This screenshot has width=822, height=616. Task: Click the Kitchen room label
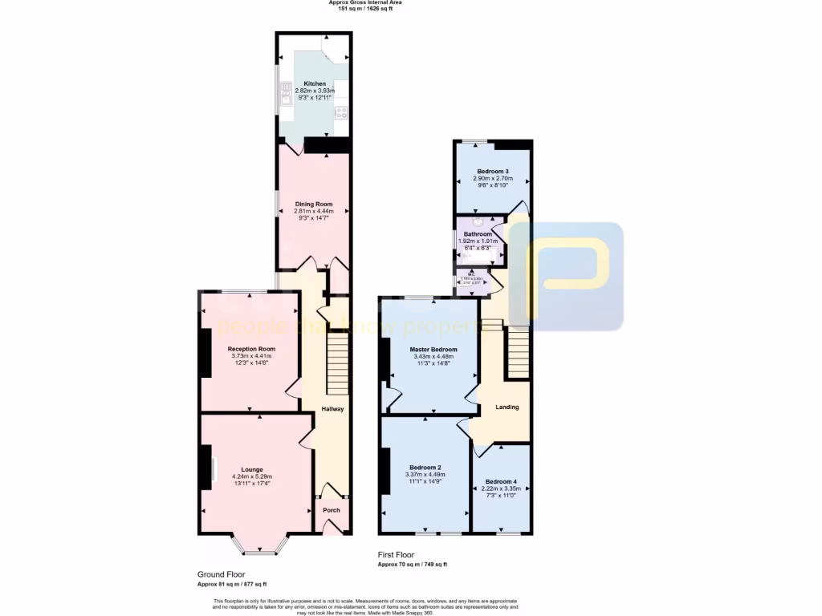tap(314, 83)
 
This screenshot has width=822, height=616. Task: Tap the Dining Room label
tap(313, 204)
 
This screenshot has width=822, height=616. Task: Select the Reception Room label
tap(251, 349)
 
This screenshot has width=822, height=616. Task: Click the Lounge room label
tap(251, 470)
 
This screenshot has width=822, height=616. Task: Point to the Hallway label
tap(332, 409)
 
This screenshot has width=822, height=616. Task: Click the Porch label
tap(331, 510)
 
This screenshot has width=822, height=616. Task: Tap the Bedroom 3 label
tap(492, 172)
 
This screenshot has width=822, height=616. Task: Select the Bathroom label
tap(478, 234)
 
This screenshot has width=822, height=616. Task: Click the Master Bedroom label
tap(433, 350)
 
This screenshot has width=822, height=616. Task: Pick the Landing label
tap(507, 407)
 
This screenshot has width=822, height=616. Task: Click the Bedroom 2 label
tap(425, 468)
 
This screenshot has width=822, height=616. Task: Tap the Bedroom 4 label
tap(501, 482)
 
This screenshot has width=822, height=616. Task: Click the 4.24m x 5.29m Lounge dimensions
tap(251, 477)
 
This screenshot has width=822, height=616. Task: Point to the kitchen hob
tap(340, 112)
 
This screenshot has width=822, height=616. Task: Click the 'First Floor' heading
tap(397, 554)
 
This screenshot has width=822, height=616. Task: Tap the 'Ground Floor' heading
tap(221, 574)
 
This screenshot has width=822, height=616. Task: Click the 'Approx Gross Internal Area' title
tap(365, 2)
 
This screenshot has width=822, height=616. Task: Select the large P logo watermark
tap(566, 277)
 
